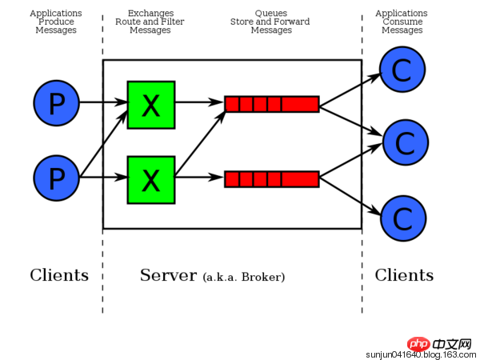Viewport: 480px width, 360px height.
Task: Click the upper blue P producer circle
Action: (56, 103)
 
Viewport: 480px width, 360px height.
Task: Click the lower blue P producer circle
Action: (56, 178)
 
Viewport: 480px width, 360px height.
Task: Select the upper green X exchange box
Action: (150, 104)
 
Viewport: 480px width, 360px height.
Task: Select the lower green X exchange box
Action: (150, 179)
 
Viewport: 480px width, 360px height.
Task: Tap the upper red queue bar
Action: (271, 104)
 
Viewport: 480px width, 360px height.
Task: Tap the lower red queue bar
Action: (271, 179)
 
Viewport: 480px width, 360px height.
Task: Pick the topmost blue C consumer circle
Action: (402, 70)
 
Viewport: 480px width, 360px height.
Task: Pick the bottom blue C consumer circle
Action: (402, 217)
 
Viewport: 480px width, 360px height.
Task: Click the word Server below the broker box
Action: (168, 276)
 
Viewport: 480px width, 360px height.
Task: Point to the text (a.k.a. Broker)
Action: (244, 278)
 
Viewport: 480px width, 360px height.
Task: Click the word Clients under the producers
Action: (59, 276)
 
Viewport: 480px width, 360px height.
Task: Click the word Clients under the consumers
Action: (404, 276)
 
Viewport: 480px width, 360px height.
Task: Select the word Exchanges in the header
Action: (150, 14)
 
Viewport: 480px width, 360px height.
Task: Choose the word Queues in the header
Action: (271, 14)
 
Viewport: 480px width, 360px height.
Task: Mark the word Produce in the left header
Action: (56, 22)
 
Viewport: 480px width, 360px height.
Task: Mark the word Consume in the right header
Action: (401, 22)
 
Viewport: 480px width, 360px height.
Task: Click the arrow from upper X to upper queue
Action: (198, 103)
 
